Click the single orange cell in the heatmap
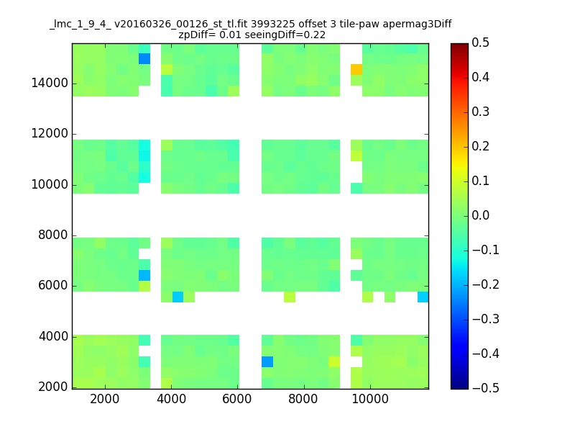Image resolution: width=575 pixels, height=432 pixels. pyautogui.click(x=356, y=69)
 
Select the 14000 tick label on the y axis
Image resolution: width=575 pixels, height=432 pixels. pyautogui.click(x=50, y=83)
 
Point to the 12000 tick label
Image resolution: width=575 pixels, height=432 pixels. pyautogui.click(x=50, y=133)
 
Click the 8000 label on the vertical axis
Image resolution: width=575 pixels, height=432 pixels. pyautogui.click(x=52, y=235)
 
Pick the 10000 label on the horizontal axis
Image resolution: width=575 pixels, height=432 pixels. pyautogui.click(x=370, y=399)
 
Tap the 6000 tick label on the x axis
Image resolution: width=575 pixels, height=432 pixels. pyautogui.click(x=237, y=399)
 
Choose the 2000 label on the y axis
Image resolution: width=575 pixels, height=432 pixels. pyautogui.click(x=52, y=387)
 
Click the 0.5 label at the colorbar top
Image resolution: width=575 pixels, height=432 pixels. pyautogui.click(x=480, y=42)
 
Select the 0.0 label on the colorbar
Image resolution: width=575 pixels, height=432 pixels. pyautogui.click(x=480, y=215)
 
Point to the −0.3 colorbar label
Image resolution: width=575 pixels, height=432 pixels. pyautogui.click(x=486, y=319)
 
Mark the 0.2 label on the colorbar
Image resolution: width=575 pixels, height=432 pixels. pyautogui.click(x=480, y=146)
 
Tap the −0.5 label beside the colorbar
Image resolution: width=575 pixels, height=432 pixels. pyautogui.click(x=486, y=388)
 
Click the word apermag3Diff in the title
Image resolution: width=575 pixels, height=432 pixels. pyautogui.click(x=417, y=24)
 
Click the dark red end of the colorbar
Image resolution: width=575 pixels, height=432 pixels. pyautogui.click(x=459, y=45)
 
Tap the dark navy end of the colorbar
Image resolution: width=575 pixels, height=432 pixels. pyautogui.click(x=459, y=387)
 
